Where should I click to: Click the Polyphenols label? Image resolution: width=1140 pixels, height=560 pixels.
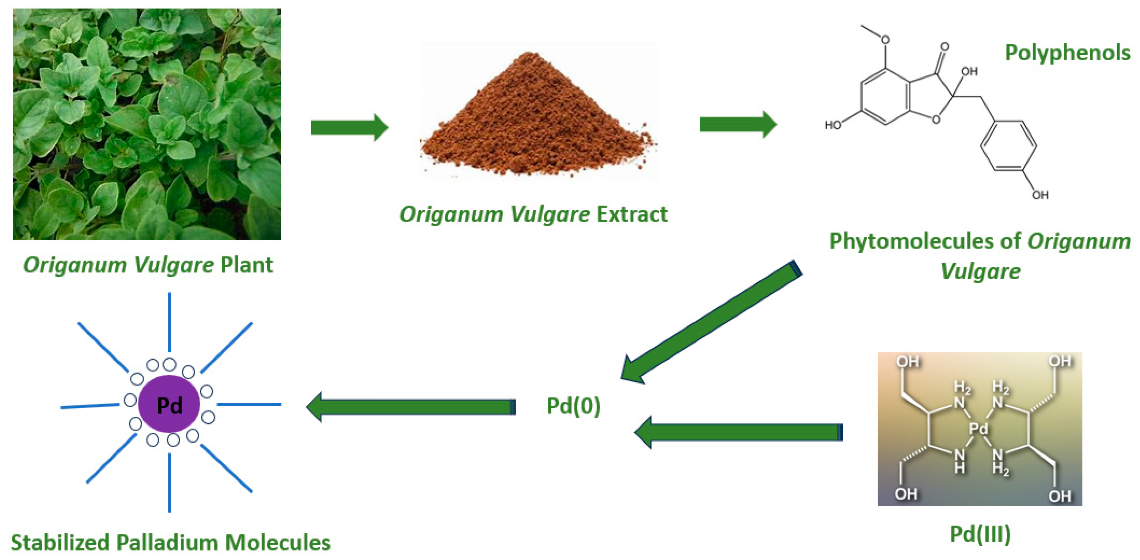[x=1067, y=53]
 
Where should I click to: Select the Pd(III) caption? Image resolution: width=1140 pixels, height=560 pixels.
[x=980, y=534]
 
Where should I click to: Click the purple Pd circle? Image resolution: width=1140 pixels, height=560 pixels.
[x=169, y=404]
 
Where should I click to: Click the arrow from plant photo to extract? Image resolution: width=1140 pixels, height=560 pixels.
[x=349, y=128]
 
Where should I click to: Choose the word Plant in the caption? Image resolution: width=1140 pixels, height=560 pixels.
[x=247, y=265]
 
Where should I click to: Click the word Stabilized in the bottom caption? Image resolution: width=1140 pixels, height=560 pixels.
[x=60, y=543]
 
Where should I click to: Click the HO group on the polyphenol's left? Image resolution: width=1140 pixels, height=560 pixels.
[x=832, y=125]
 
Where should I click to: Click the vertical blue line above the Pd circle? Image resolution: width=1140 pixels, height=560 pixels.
[x=170, y=322]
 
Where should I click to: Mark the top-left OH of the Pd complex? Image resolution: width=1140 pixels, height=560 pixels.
[x=908, y=362]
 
